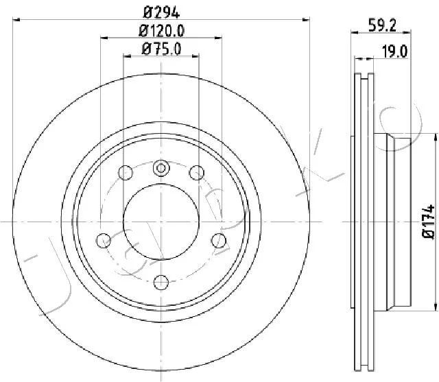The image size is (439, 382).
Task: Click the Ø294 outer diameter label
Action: (x=161, y=12)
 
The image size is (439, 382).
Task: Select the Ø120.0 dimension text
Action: (x=162, y=31)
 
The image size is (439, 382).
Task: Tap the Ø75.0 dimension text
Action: (x=162, y=49)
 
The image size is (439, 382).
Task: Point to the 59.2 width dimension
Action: (x=382, y=26)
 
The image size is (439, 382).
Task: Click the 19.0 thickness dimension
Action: (x=395, y=51)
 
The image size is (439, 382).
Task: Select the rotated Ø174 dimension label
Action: (x=428, y=222)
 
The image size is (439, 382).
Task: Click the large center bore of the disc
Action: (x=161, y=222)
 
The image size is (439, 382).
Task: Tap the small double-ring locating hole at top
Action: (x=161, y=168)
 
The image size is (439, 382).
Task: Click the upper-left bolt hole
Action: (x=126, y=172)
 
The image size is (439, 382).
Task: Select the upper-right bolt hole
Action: (x=197, y=172)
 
